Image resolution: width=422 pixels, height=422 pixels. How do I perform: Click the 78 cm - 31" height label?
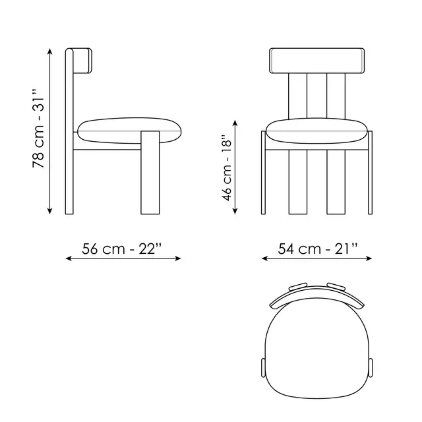point(38,129)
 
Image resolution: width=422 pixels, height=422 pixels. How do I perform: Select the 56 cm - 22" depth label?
point(122,249)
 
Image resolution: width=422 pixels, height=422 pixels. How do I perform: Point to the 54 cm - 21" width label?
point(318,249)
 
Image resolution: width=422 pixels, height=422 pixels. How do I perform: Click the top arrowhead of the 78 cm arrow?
point(49,51)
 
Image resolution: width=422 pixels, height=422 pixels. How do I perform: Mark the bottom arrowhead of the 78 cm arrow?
point(49,211)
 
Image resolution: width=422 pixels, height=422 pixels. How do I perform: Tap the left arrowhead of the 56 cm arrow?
point(69,258)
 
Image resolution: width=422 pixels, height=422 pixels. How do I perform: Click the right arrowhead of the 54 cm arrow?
point(369,258)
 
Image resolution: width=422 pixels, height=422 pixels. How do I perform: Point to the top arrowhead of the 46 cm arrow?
point(235,123)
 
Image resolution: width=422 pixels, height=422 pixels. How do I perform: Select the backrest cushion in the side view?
point(82,61)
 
